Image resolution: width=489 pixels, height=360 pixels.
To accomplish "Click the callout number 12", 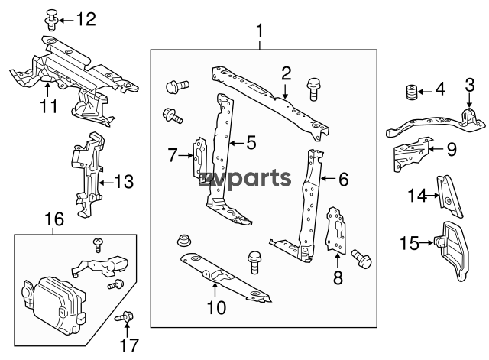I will [86, 19].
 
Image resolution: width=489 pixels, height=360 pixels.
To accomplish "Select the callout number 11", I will [49, 106].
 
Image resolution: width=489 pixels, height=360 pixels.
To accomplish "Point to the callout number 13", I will [124, 182].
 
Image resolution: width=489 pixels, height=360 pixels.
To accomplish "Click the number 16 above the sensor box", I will [54, 220].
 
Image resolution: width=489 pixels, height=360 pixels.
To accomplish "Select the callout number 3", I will [469, 96].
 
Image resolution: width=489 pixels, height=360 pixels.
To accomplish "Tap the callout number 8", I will [338, 278].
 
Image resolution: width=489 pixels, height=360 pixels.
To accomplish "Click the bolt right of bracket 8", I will [361, 260].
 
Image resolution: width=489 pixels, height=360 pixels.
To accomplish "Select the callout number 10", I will [216, 308].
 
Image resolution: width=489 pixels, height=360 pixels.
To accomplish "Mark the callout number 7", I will [173, 156].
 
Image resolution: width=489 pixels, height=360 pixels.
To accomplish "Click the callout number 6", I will [343, 180].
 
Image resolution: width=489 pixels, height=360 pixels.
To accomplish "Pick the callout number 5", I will [250, 142].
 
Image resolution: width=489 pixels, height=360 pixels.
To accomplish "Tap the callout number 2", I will [287, 74].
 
